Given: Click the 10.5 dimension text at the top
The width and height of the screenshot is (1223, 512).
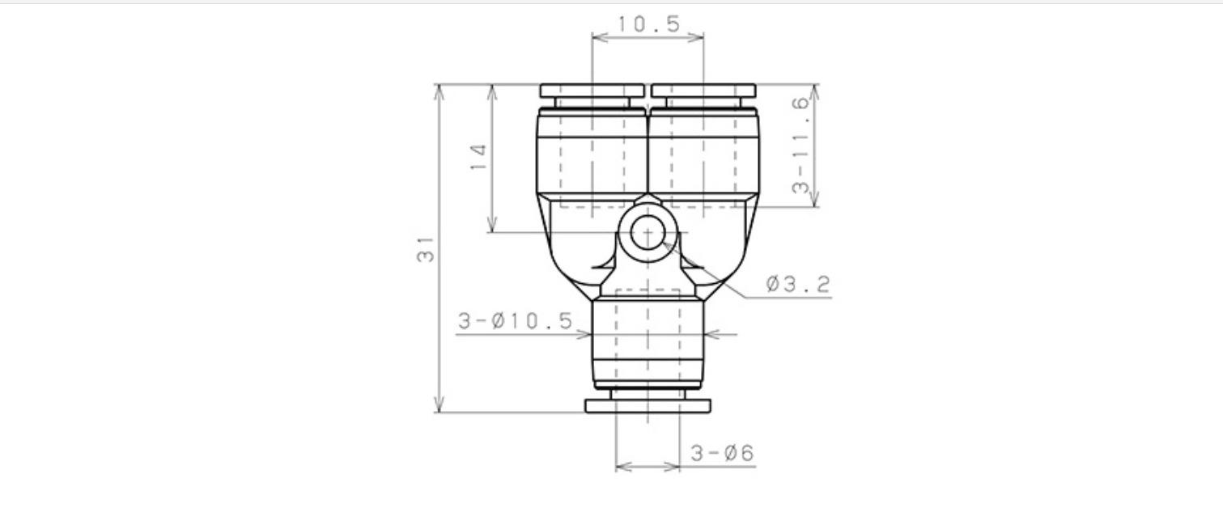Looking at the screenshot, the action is click(x=649, y=24).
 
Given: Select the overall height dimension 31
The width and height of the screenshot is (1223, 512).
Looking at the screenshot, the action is click(x=426, y=249).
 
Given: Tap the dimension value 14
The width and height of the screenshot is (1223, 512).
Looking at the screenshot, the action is click(x=478, y=157).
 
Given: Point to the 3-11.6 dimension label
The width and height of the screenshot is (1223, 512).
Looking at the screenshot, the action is click(x=801, y=145).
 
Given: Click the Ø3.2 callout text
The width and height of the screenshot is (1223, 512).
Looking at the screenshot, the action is click(x=798, y=284).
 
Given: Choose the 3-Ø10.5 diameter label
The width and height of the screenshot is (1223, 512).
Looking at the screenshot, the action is click(x=516, y=321).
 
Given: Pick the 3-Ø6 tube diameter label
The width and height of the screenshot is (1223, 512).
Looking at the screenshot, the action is click(x=722, y=453).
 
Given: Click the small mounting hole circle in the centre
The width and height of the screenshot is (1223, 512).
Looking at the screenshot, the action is click(x=648, y=232).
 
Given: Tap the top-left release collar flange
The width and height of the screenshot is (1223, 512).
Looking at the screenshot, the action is click(x=592, y=91).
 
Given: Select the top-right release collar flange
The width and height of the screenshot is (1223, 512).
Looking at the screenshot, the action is click(x=703, y=91).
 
